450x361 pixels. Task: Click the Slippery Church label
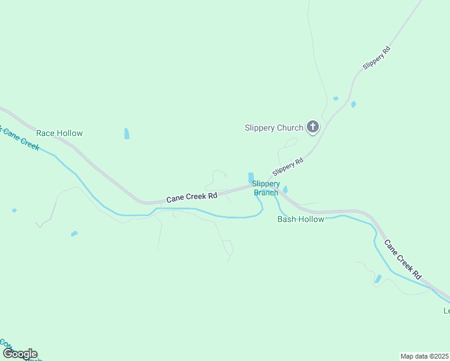273,128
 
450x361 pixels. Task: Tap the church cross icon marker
312,127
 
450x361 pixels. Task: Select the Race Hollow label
60,133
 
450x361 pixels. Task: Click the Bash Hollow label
300,219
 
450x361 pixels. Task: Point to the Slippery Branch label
265,188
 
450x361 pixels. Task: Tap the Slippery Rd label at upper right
377,58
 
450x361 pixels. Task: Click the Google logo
19,354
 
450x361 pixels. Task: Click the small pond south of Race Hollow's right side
126,134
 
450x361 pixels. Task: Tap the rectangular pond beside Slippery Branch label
251,177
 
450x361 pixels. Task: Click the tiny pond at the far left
14,211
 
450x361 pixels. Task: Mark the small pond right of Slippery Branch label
285,190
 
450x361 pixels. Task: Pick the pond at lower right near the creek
378,279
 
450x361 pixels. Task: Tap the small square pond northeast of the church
336,98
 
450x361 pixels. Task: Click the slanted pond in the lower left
74,233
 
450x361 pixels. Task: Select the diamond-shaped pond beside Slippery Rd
353,105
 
